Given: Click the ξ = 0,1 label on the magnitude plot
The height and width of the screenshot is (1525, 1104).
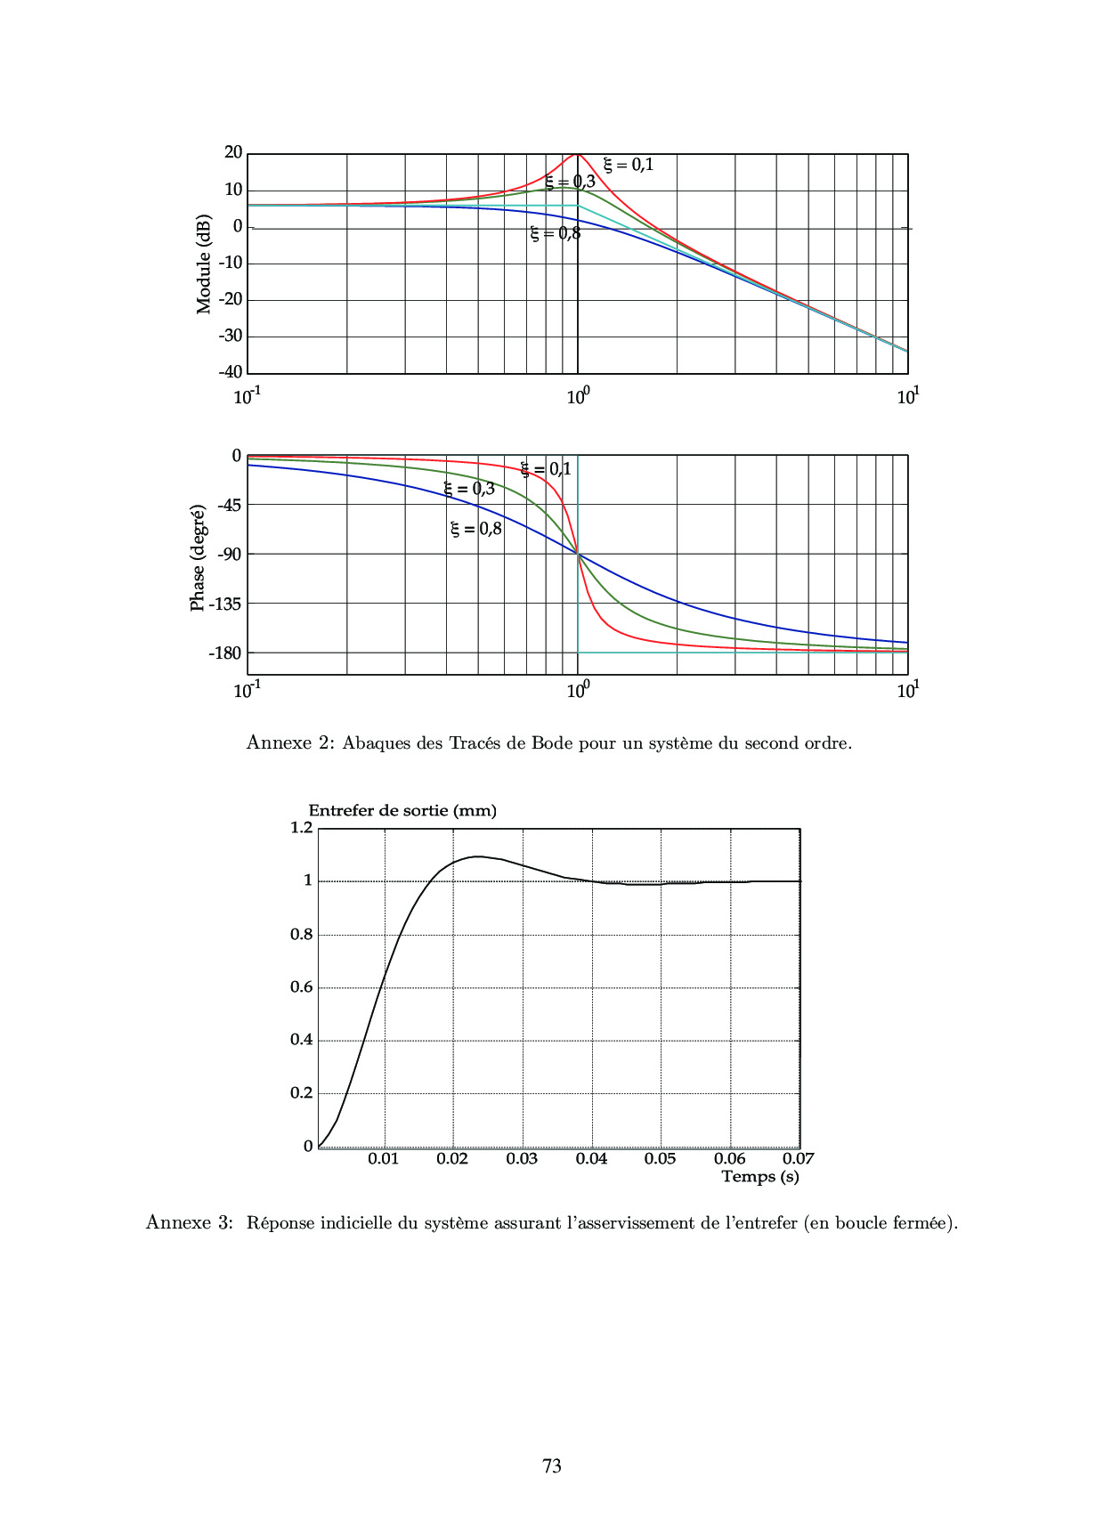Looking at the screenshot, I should click(x=629, y=165).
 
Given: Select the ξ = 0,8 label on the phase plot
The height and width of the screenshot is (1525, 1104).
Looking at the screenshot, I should click(x=476, y=529).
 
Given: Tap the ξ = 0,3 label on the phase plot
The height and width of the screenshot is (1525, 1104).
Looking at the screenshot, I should click(x=469, y=489).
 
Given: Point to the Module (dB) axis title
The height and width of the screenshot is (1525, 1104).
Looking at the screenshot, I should click(x=204, y=264).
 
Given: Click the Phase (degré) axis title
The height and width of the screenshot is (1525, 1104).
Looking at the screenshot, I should click(x=198, y=558).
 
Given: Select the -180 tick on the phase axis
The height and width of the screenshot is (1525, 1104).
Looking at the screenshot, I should click(x=224, y=653).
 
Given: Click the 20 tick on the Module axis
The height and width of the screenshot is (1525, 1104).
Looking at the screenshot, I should click(x=233, y=152).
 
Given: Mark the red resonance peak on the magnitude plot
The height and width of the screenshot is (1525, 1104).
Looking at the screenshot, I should click(x=578, y=155).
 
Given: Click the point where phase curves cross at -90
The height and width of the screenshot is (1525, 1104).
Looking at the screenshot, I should click(x=578, y=555).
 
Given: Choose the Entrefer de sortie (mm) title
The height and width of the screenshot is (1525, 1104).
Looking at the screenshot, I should click(x=402, y=811).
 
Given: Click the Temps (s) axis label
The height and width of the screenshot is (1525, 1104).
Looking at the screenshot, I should click(x=760, y=1177).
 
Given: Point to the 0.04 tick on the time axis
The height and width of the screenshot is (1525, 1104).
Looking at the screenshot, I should click(x=591, y=1159).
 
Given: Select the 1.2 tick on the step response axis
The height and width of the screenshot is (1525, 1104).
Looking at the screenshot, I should click(x=302, y=828).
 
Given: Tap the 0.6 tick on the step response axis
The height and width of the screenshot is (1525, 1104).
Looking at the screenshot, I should click(x=302, y=987).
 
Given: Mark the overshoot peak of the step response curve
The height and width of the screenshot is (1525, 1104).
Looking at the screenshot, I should click(x=477, y=856).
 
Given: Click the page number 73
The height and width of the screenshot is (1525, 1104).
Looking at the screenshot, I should click(x=552, y=1466).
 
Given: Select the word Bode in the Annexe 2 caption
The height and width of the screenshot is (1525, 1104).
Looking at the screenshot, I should click(x=552, y=743).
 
